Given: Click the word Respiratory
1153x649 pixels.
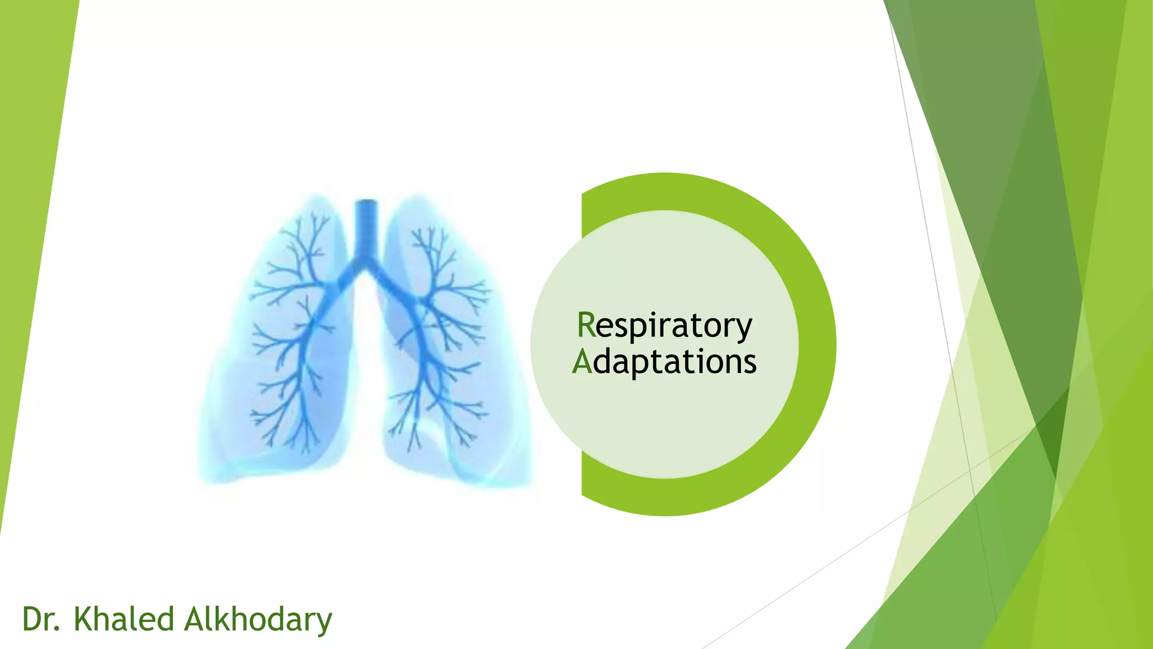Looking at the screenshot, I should [x=664, y=326].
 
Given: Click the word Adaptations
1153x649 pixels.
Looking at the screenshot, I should [x=664, y=362].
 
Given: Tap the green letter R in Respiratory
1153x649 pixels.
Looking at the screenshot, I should [x=586, y=325].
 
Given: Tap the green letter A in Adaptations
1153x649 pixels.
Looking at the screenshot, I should [x=582, y=362].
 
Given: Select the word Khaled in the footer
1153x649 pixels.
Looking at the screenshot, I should [x=124, y=619].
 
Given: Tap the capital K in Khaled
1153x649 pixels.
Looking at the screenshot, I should [x=84, y=619].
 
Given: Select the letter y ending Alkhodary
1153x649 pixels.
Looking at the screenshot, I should [x=323, y=623].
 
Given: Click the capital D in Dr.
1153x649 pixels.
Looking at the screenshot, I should [x=33, y=619].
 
